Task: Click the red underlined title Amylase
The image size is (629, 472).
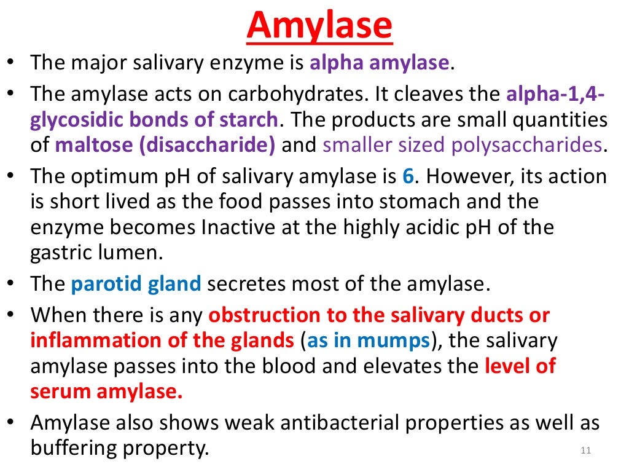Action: [319, 26]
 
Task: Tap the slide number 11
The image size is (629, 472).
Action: [585, 452]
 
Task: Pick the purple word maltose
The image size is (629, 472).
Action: [90, 145]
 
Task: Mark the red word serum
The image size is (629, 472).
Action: [60, 392]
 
